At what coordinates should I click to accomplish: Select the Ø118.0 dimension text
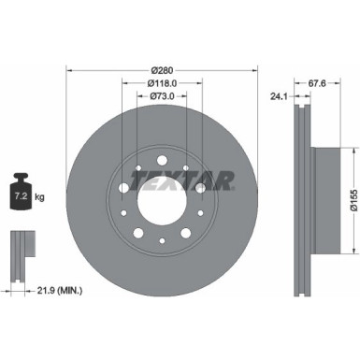164,82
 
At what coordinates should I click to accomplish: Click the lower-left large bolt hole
137,232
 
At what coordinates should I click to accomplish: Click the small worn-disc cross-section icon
19,247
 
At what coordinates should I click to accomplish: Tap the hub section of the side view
324,193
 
